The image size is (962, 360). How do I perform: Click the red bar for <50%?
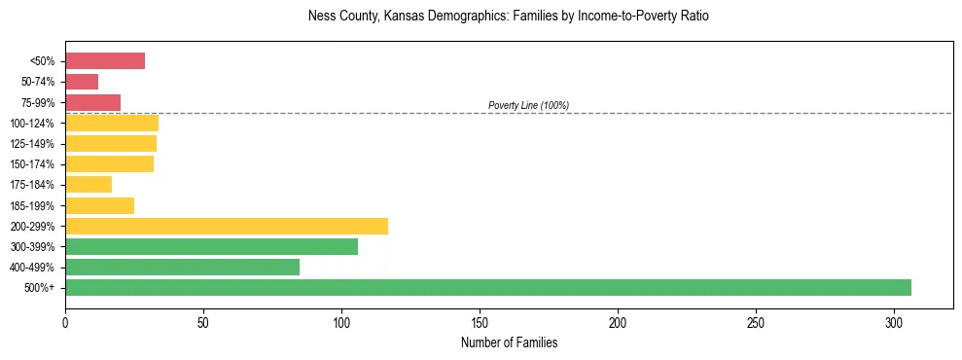click(105, 61)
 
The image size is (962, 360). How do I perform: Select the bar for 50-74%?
click(82, 82)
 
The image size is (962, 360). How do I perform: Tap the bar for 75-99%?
click(92, 102)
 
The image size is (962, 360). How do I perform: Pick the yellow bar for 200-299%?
click(227, 226)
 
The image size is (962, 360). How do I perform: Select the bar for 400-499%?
click(182, 267)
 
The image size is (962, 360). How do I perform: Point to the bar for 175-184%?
click(89, 185)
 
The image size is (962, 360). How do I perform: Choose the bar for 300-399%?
click(211, 246)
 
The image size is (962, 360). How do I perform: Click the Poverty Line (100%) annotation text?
click(528, 105)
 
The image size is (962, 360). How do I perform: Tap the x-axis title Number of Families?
click(509, 342)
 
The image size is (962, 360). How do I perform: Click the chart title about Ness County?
click(509, 17)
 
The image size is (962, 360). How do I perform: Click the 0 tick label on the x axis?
click(65, 321)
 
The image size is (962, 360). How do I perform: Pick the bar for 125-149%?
click(111, 144)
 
